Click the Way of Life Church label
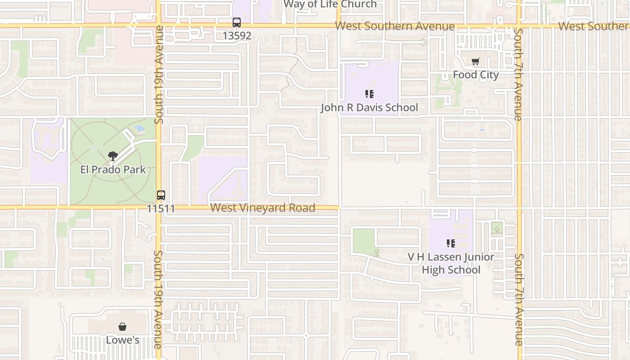[x=330, y=4]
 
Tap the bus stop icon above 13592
[x=237, y=22]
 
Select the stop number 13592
[x=237, y=35]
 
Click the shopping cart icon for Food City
[x=476, y=62]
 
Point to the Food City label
[x=476, y=75]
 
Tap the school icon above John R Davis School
[x=369, y=94]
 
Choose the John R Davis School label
[x=369, y=108]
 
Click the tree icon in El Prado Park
[x=113, y=156]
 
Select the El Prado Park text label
[x=113, y=170]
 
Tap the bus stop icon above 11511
[x=161, y=195]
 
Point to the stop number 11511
[x=161, y=208]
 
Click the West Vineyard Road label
[x=263, y=207]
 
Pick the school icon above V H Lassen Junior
[x=450, y=243]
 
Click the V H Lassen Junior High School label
[x=451, y=263]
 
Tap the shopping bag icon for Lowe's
[x=122, y=327]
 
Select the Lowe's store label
[x=122, y=340]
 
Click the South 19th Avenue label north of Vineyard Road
[x=158, y=74]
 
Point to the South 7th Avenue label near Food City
[x=518, y=74]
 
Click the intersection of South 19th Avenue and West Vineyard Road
[x=158, y=207]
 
